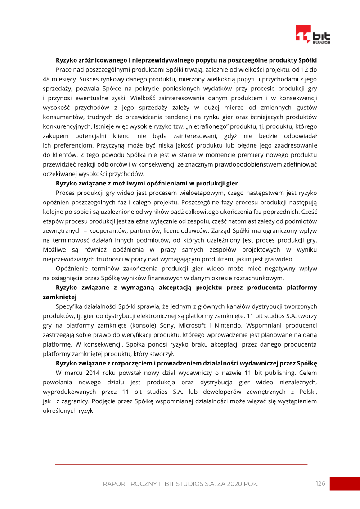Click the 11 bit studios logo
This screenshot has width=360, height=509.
point(313,35)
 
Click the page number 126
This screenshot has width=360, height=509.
point(320,483)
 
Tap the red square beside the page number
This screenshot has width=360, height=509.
point(344,483)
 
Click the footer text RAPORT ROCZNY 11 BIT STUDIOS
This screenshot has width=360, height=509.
point(180,484)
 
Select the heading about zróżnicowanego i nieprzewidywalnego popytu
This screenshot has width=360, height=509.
point(186,60)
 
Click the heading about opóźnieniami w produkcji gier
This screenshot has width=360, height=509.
point(146,183)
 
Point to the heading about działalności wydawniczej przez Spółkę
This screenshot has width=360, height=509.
point(186,363)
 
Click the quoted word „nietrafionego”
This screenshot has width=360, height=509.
point(211,126)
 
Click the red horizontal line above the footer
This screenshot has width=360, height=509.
point(180,464)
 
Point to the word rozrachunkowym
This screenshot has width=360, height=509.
point(256,278)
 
